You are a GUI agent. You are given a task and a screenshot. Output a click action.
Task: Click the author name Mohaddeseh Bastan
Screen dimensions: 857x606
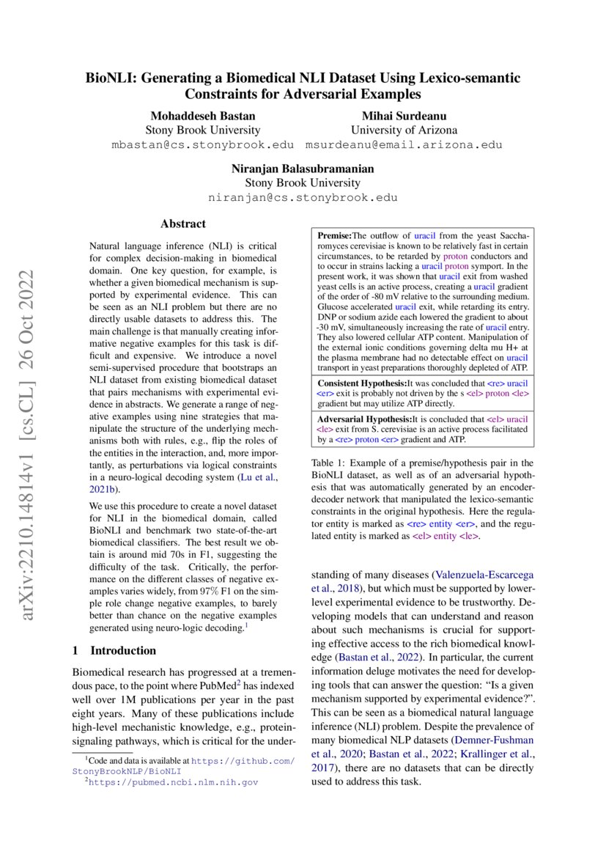[x=202, y=117]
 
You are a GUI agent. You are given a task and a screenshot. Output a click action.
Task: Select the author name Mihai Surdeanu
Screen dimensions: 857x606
[x=404, y=117]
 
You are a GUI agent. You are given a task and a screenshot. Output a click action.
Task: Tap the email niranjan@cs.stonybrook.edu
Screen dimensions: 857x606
[x=303, y=197]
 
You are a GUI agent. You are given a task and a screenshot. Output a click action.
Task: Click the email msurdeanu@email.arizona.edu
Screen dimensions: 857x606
[x=404, y=144]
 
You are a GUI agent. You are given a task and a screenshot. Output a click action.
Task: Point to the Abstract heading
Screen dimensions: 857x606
[x=183, y=224]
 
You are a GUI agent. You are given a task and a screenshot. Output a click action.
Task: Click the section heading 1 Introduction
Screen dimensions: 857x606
[x=114, y=650]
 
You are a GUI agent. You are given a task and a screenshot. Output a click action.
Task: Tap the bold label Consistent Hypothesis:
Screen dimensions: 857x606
[x=362, y=383]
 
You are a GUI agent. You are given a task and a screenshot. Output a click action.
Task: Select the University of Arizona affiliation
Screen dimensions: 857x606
[x=404, y=130]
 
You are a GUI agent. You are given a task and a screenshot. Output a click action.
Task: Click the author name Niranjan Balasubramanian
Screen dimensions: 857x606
[x=303, y=169]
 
